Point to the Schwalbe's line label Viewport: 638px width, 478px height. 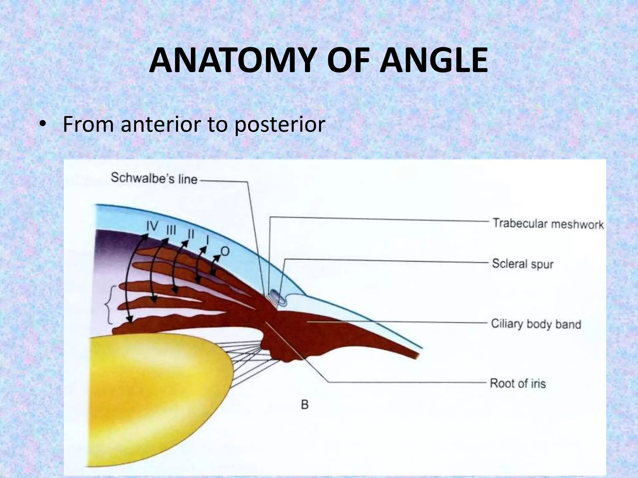coord(154,178)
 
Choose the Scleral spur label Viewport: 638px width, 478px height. coord(522,264)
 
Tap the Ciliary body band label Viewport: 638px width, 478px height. coord(536,324)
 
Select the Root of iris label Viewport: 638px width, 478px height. coord(518,383)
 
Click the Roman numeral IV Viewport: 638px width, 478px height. coord(153,226)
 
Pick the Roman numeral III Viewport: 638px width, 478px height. coord(171,231)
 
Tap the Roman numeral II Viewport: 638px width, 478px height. coord(191,234)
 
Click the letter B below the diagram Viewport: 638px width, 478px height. coord(305,405)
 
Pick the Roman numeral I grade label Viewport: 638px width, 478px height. coord(207,240)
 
